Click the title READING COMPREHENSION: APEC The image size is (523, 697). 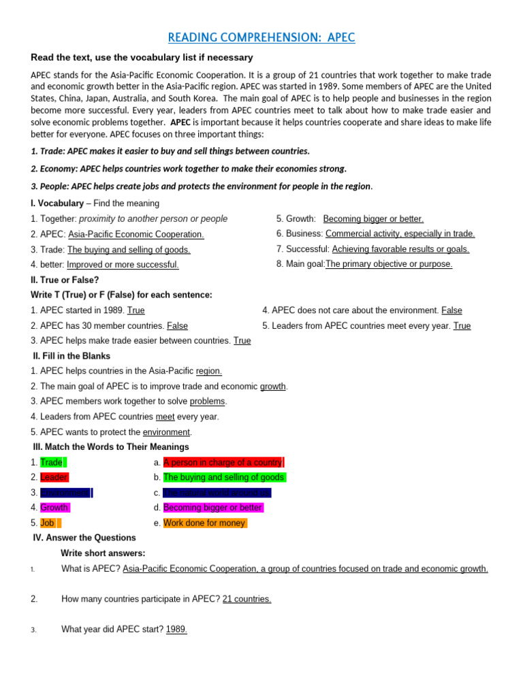[x=261, y=37]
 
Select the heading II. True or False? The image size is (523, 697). [x=65, y=280]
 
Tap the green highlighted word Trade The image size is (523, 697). [x=52, y=462]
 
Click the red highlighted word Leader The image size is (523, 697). [x=54, y=477]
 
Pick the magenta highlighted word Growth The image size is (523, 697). [x=54, y=508]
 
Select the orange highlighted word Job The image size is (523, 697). [x=48, y=523]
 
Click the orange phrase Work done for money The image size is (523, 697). [x=205, y=523]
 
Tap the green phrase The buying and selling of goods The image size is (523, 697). [x=224, y=477]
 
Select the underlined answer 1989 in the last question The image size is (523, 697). [x=176, y=630]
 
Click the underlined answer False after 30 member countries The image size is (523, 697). [x=177, y=326]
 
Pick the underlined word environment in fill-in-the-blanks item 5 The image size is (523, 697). [x=166, y=432]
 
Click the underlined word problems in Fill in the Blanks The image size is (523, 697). [x=207, y=402]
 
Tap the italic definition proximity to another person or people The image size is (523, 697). [x=153, y=218]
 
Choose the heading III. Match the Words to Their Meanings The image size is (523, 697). [x=111, y=447]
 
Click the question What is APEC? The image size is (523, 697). [x=91, y=568]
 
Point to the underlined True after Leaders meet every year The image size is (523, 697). [x=462, y=326]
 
